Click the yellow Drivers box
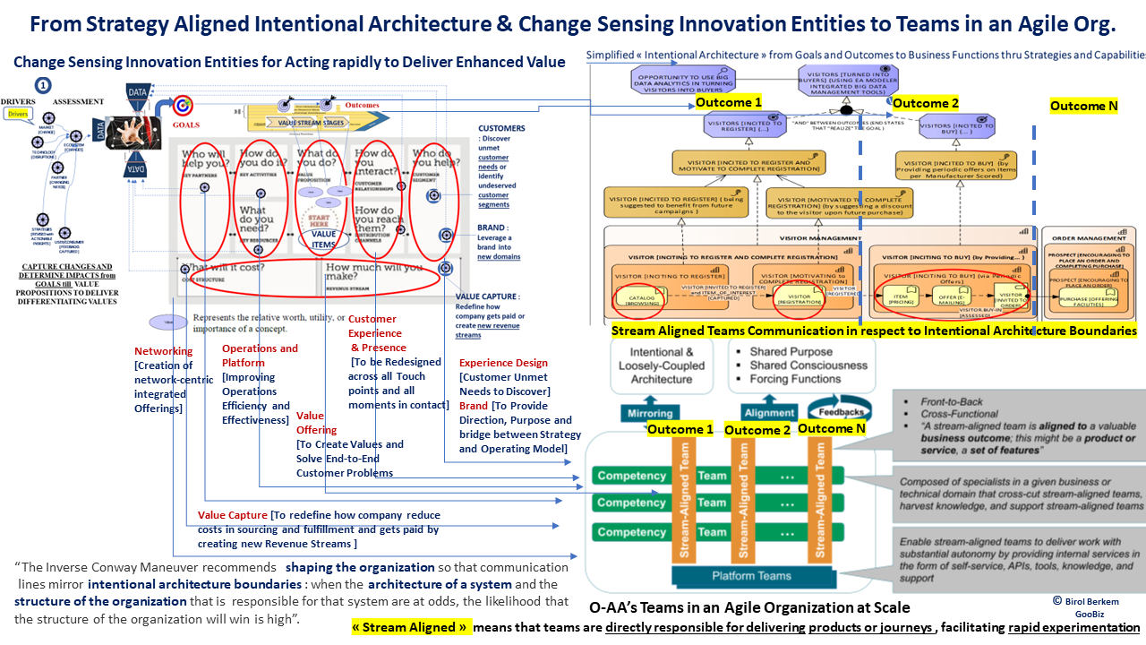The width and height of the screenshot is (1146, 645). tap(17, 115)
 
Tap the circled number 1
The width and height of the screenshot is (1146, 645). tap(42, 85)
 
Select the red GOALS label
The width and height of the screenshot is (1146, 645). tap(185, 125)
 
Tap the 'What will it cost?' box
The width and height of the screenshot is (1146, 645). tap(245, 274)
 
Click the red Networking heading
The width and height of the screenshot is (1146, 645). tap(163, 351)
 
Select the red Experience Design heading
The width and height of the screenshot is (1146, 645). tap(503, 363)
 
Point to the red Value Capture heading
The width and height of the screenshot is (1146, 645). tap(232, 515)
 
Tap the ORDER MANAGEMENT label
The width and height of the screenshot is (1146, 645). tap(1089, 238)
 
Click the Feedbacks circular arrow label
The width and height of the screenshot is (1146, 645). tap(841, 411)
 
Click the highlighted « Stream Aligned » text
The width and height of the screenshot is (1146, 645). tap(410, 628)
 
